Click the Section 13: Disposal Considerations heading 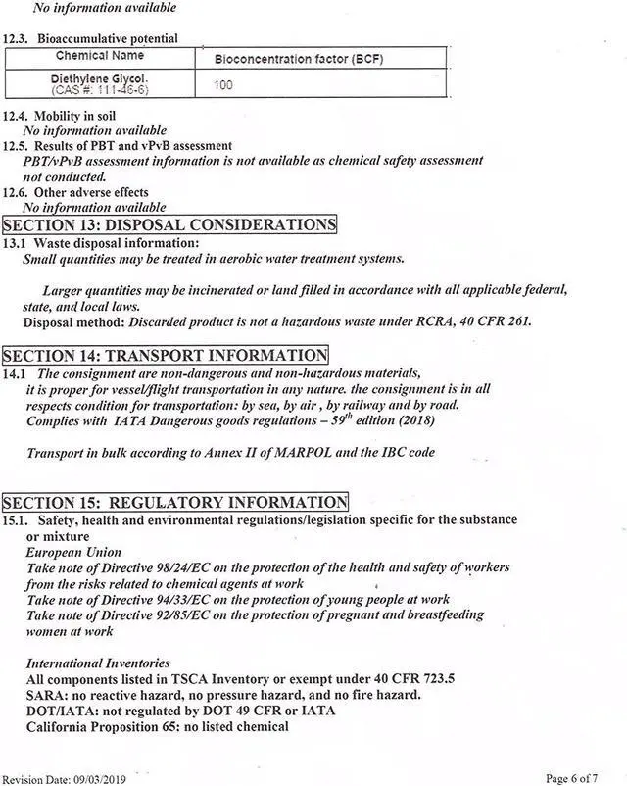pos(169,225)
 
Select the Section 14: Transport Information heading pos(165,355)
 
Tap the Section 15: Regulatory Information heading pos(175,503)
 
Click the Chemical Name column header pos(100,57)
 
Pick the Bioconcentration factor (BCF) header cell pos(299,59)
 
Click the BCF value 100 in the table pos(223,85)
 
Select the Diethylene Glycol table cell pos(99,82)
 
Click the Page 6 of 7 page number pos(571,778)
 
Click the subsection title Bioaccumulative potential pos(108,38)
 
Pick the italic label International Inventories pos(98,663)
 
